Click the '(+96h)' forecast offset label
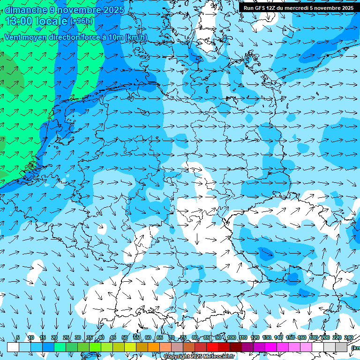coord(81,21)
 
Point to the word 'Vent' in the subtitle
coord(13,37)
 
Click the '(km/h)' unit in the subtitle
coord(136,37)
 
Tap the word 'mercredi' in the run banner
coord(296,8)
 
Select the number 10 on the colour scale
coord(31,338)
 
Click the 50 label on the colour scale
coord(125,338)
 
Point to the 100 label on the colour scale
coord(231,338)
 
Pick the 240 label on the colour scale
coord(348,338)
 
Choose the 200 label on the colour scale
coord(325,338)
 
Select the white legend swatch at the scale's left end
coord(13,347)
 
